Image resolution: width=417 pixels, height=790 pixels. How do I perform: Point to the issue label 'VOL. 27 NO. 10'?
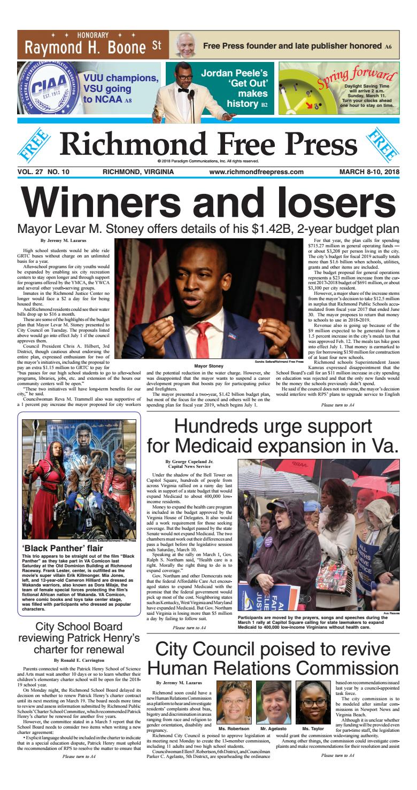coord(44,172)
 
